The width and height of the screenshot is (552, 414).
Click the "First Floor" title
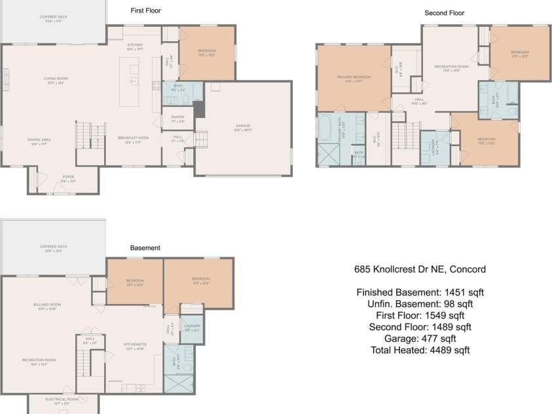tap(146, 10)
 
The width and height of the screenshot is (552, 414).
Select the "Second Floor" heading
tap(444, 12)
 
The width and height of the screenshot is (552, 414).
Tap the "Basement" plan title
tap(145, 248)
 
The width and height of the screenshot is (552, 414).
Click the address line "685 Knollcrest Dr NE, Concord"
tap(420, 269)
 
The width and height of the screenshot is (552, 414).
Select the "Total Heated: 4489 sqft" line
tap(420, 350)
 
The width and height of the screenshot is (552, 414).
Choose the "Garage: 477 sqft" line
tap(420, 339)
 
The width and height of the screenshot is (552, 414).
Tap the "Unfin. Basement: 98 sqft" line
tap(420, 304)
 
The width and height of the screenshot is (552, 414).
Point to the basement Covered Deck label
tap(53, 248)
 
